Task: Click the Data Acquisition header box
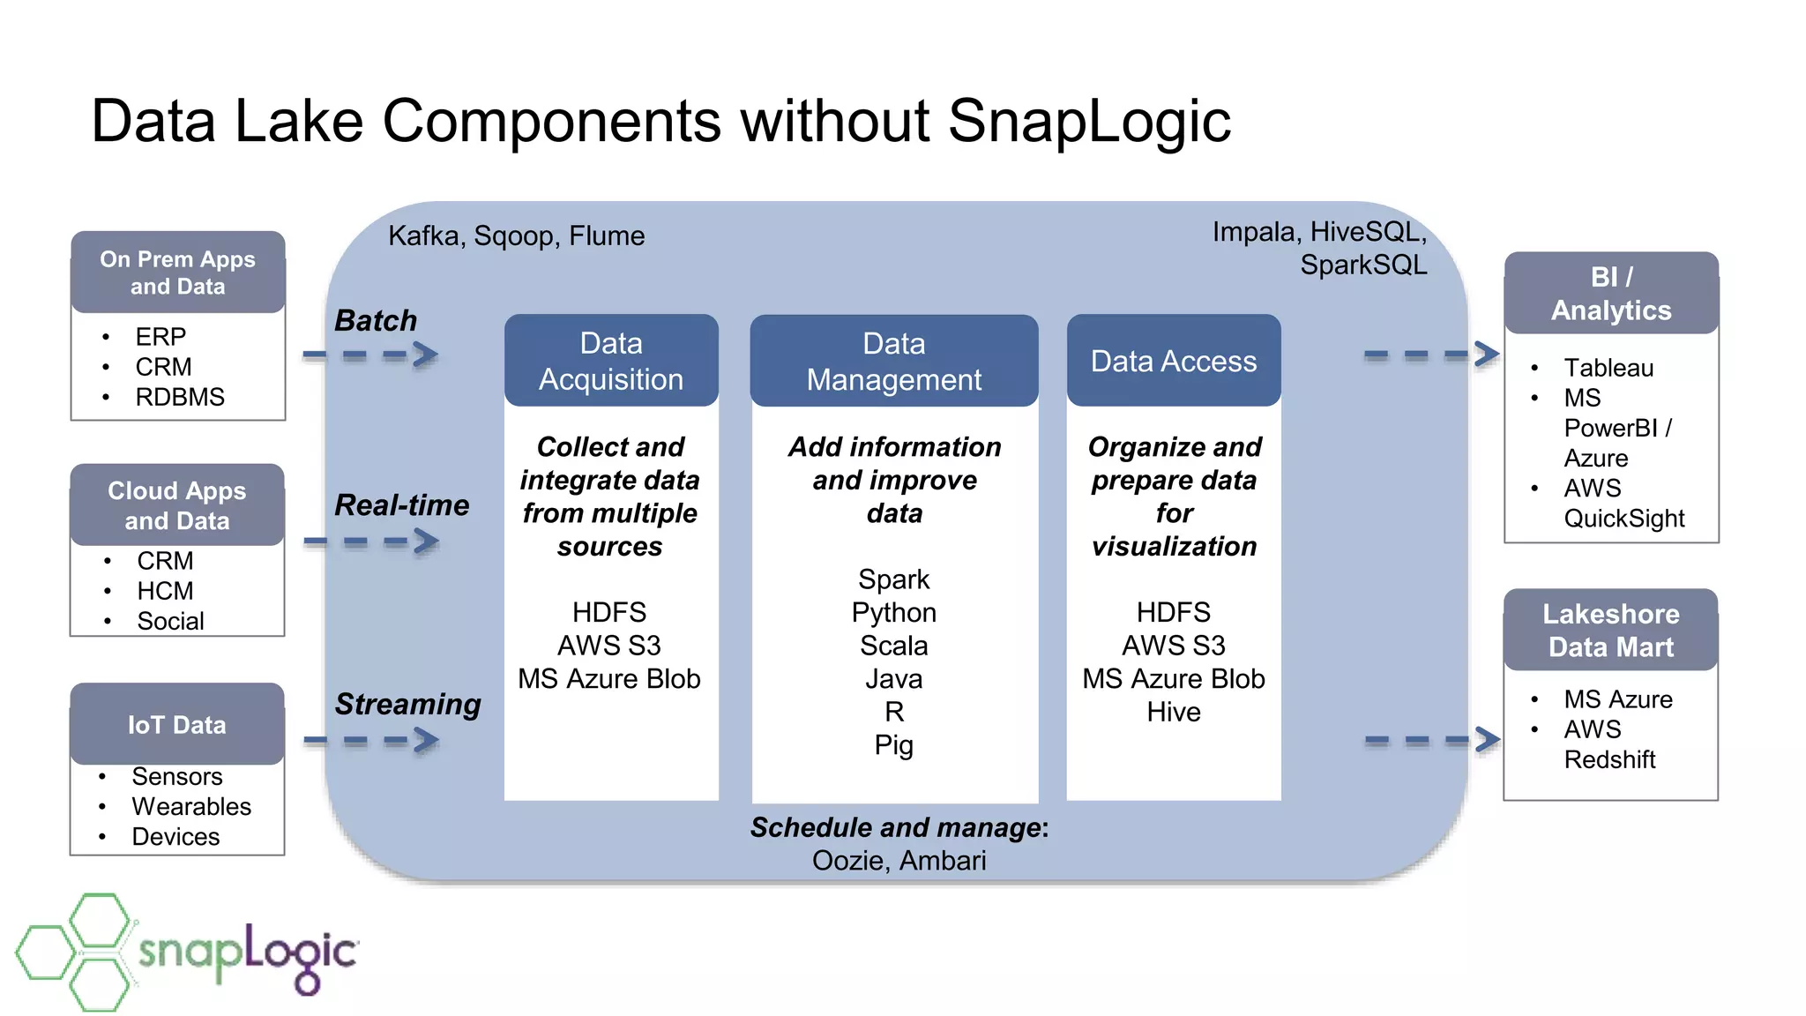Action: point(611,361)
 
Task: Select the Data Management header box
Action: point(893,361)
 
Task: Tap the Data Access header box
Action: point(1173,361)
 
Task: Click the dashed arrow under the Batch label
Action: point(370,355)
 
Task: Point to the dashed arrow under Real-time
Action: point(370,541)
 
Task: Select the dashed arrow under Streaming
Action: point(370,741)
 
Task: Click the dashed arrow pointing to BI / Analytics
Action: point(1430,355)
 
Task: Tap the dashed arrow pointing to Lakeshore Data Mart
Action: point(1430,740)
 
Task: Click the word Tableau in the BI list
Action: point(1608,368)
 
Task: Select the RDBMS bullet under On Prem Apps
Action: point(180,397)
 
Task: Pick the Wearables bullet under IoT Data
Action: point(191,806)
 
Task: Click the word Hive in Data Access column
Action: point(1173,712)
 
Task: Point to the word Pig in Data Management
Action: point(893,745)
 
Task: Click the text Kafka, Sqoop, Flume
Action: point(516,235)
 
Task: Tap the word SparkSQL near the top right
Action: point(1362,265)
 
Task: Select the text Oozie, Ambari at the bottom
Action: point(899,860)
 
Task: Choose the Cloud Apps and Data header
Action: point(177,505)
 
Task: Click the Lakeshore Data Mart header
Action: point(1610,630)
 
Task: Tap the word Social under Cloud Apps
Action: point(170,621)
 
